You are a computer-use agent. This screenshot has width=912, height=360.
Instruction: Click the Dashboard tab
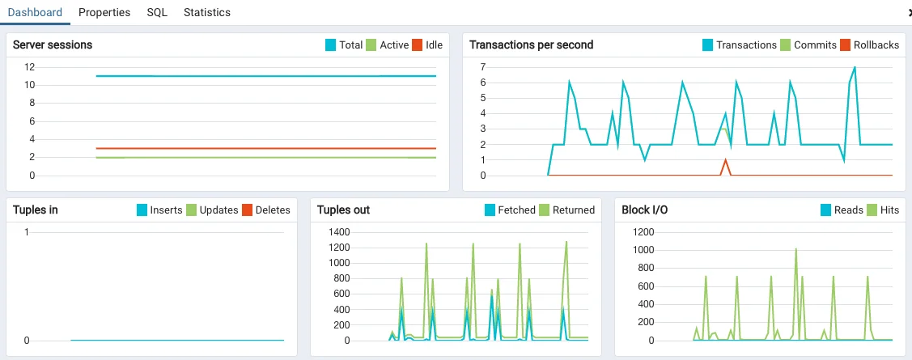pos(35,12)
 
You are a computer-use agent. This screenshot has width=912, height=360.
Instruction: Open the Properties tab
pos(104,12)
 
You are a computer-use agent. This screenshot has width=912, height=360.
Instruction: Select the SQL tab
pos(157,12)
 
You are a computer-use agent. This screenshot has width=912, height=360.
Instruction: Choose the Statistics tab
pos(206,12)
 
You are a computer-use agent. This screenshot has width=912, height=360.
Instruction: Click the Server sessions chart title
pos(53,44)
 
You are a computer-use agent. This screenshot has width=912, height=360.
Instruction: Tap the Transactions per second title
pos(531,44)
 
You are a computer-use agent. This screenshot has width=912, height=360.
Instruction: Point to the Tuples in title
pos(36,210)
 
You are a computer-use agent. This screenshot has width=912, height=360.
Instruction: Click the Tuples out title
pos(343,210)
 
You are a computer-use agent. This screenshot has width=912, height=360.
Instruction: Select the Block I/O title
pos(644,210)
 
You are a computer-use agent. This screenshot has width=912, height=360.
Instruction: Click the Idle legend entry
pos(434,45)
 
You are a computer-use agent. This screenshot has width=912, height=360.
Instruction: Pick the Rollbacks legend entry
pos(876,45)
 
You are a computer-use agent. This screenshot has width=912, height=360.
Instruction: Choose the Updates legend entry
pos(218,210)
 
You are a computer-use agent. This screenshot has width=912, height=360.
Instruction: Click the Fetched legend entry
pos(516,210)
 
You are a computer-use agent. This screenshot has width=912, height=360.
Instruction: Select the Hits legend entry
pos(889,210)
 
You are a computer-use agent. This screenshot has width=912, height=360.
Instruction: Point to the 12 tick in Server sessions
pos(29,66)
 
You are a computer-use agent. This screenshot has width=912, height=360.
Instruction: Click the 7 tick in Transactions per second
pos(481,66)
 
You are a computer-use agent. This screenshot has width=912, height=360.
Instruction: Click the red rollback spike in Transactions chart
pos(726,160)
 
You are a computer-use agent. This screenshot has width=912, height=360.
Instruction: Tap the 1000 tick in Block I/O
pos(638,249)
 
